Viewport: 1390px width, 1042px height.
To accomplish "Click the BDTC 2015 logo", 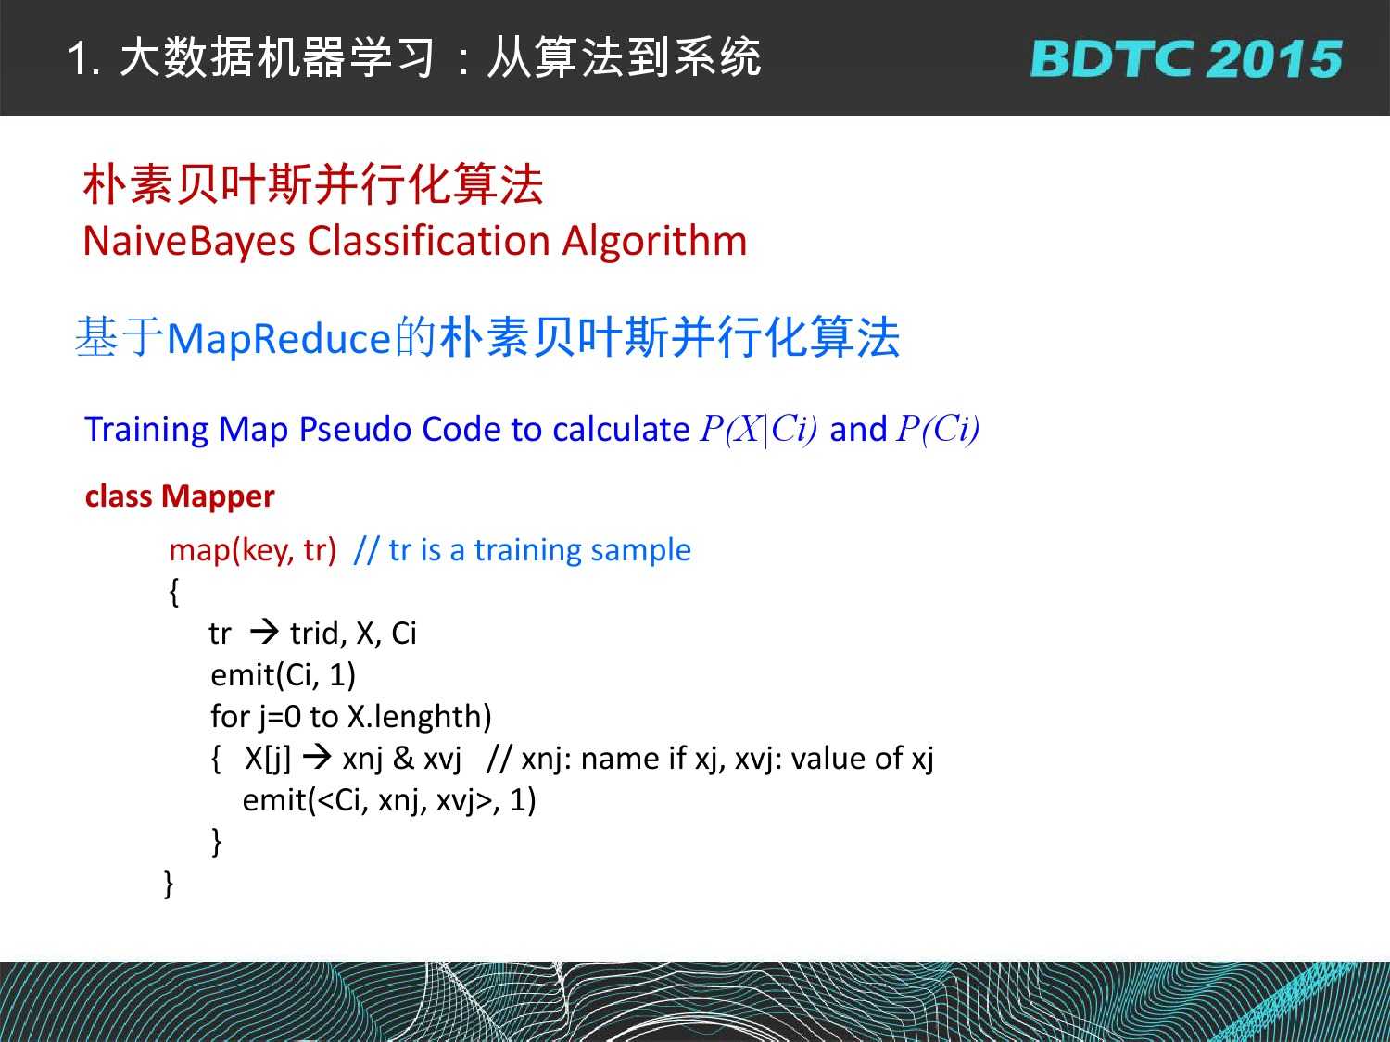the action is (x=1186, y=58).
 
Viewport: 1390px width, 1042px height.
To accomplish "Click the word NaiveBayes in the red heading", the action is (x=189, y=242).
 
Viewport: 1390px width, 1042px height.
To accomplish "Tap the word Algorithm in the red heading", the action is (x=655, y=242).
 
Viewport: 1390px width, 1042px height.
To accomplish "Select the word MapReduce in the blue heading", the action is (x=279, y=339).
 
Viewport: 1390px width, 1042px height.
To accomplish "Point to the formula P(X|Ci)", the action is (x=759, y=429).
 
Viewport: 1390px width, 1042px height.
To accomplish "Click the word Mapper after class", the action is (x=218, y=497).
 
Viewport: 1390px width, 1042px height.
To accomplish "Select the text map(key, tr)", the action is (x=253, y=550).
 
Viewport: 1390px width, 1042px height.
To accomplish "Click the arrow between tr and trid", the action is (x=264, y=632).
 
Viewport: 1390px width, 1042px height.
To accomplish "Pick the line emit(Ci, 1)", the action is (x=283, y=675).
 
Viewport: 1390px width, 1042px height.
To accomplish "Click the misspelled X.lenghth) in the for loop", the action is (x=420, y=717).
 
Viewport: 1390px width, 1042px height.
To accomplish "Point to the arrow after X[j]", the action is (x=317, y=758).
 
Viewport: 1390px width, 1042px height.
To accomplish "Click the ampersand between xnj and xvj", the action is (x=403, y=759).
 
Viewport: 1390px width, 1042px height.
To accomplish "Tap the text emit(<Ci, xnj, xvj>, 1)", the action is (x=389, y=800).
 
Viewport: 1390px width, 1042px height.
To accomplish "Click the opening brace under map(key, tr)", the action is (x=174, y=592).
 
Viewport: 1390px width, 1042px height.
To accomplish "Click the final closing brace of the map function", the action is (x=169, y=884).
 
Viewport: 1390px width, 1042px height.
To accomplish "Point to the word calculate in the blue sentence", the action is (x=621, y=430).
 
